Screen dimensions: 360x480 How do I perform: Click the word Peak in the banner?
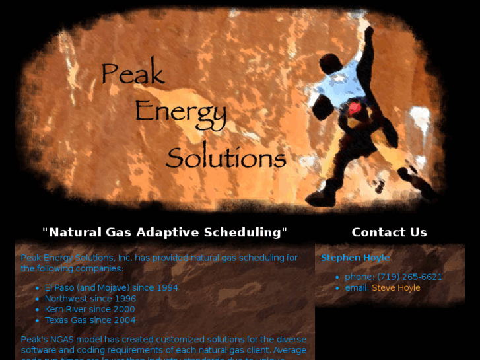132,73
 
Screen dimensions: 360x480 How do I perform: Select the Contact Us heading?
389,232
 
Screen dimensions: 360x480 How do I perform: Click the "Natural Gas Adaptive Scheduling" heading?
164,232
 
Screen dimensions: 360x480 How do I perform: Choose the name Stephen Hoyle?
355,258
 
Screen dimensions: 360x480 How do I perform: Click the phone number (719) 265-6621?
409,277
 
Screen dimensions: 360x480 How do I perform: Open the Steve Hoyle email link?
395,288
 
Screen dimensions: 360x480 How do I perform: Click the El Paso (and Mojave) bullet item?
111,288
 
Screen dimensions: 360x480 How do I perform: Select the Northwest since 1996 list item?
90,299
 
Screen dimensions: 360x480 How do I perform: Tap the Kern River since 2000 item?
89,309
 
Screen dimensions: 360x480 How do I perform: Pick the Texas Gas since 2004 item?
90,320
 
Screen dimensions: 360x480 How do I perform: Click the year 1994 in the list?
166,288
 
